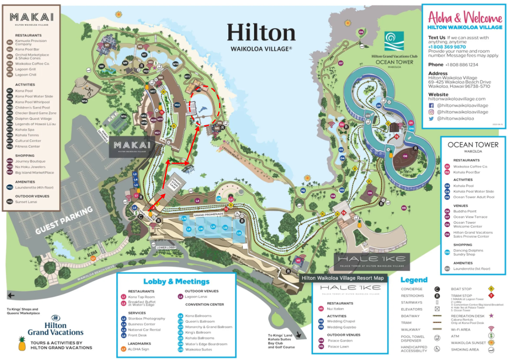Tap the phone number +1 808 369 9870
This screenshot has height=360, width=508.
pos(447,47)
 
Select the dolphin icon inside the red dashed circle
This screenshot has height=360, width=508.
pos(205,109)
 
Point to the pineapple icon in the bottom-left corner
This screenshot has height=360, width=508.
pos(22,343)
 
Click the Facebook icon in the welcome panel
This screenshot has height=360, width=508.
pos(431,105)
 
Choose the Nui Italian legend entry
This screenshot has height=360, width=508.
pos(335,309)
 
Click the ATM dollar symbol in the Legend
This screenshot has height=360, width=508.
pos(491,336)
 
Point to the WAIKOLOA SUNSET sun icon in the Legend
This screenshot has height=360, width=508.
pos(491,343)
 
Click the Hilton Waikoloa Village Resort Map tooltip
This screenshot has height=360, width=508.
pos(342,278)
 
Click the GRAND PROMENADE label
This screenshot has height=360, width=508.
pos(208,214)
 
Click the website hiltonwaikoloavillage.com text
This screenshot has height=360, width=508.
pos(457,99)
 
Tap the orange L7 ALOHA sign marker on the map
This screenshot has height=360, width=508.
pos(93,258)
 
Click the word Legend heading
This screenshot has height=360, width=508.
pos(414,280)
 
